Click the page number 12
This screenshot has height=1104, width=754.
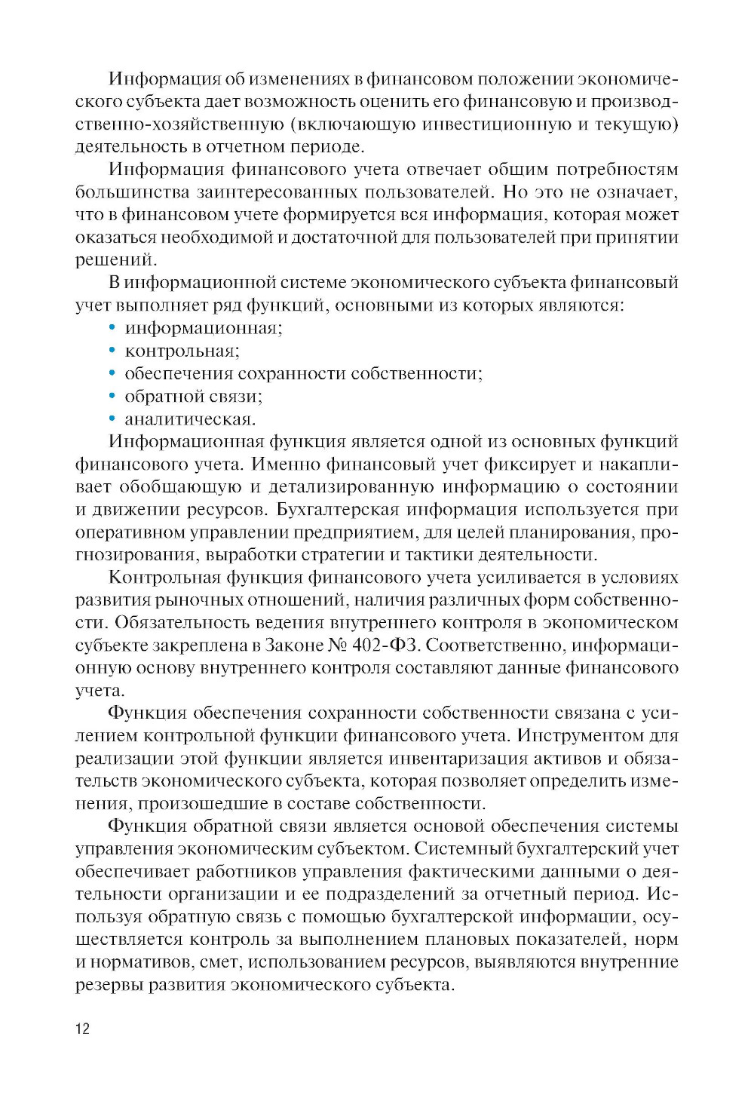(x=82, y=1029)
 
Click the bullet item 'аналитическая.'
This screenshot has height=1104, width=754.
(x=190, y=419)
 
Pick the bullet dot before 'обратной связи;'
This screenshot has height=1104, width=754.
(x=112, y=396)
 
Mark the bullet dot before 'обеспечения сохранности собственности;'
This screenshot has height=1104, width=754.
(x=112, y=373)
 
